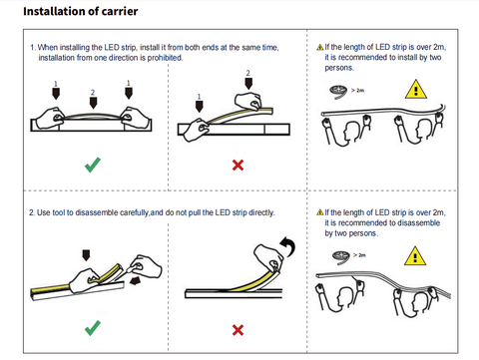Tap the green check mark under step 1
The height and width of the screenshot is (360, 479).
pyautogui.click(x=93, y=165)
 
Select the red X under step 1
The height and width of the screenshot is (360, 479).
pyautogui.click(x=238, y=165)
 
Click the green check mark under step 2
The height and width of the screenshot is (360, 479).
pyautogui.click(x=93, y=328)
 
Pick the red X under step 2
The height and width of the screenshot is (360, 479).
pyautogui.click(x=238, y=330)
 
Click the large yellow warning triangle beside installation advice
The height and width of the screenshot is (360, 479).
pyautogui.click(x=416, y=90)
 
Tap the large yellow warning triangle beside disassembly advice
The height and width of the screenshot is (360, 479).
pyautogui.click(x=415, y=256)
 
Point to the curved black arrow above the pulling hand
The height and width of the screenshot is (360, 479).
pyautogui.click(x=288, y=246)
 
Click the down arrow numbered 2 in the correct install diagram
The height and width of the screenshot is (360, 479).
pyautogui.click(x=93, y=103)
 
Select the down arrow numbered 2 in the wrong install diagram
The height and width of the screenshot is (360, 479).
pyautogui.click(x=248, y=84)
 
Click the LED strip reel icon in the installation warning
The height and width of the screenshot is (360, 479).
pyautogui.click(x=338, y=92)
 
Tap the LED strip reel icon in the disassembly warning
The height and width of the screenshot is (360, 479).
pyautogui.click(x=341, y=257)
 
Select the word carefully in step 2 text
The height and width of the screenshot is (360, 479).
pyautogui.click(x=135, y=212)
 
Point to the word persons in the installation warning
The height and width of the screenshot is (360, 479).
pyautogui.click(x=339, y=68)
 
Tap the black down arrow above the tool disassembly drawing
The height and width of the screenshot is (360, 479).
pyautogui.click(x=86, y=255)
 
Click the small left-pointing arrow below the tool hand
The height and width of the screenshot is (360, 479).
pyautogui.click(x=135, y=281)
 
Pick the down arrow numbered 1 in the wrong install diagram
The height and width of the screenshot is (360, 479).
pyautogui.click(x=199, y=107)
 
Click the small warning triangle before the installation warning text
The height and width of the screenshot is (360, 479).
pyautogui.click(x=320, y=47)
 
